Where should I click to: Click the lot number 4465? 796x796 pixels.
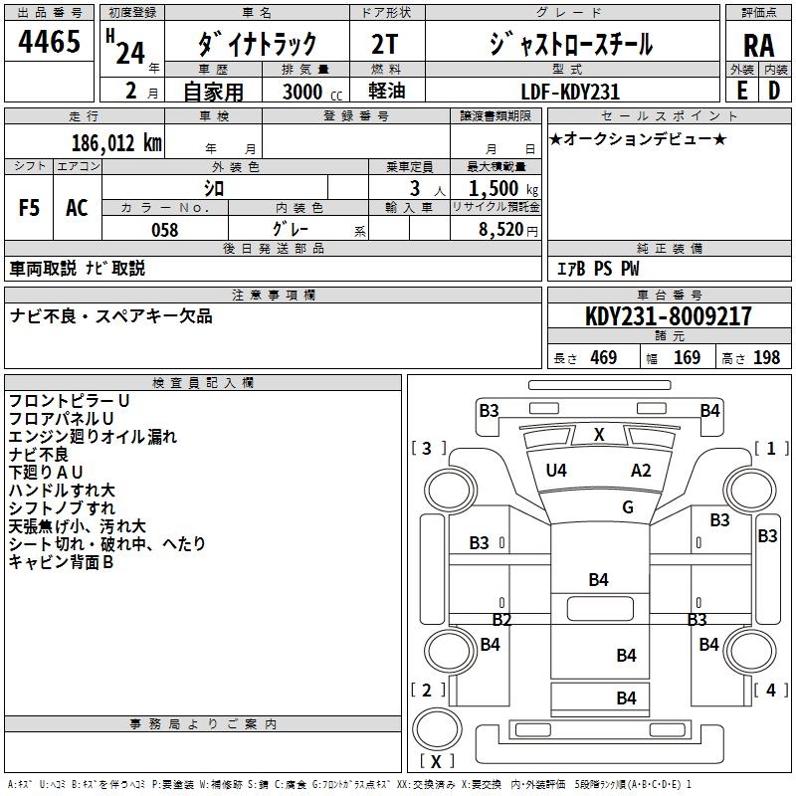(50, 42)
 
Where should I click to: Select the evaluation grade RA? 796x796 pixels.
(757, 45)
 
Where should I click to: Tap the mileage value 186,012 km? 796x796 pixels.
(116, 142)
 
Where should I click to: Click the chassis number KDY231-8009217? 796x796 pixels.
(668, 316)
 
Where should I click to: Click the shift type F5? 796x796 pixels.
(30, 208)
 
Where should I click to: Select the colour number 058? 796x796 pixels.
(164, 230)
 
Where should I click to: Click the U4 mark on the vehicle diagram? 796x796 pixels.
(556, 471)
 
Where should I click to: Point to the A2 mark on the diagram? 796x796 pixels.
(642, 471)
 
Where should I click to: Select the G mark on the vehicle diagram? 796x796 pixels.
(628, 507)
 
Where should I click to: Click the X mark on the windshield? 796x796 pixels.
(599, 434)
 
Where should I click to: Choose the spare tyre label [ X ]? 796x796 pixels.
(436, 761)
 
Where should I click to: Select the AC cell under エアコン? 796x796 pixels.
(77, 208)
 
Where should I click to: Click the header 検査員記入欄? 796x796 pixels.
(203, 382)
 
